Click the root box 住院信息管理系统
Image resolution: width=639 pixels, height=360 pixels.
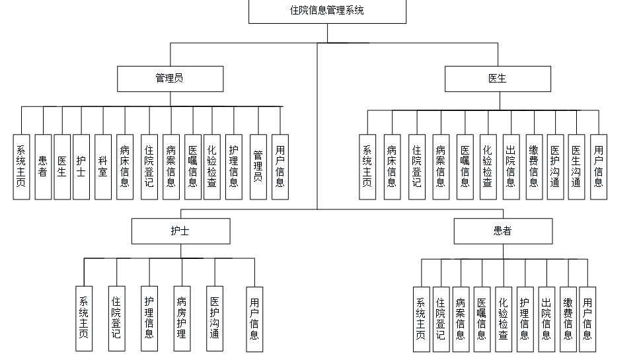point(327,11)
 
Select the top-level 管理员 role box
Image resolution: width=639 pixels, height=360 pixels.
point(169,79)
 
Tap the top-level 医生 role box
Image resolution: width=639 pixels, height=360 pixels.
point(497,79)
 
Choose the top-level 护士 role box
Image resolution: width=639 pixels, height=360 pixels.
point(180,231)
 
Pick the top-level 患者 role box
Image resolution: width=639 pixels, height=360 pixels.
point(502,231)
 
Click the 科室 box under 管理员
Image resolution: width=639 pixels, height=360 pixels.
point(103,166)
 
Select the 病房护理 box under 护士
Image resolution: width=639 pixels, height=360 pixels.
point(182,318)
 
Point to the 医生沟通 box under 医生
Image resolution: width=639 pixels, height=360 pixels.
point(576,166)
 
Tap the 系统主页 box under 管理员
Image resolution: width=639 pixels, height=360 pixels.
point(21,166)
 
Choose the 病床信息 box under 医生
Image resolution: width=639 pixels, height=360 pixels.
point(393,166)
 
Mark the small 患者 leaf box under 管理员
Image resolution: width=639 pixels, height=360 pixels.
point(43,166)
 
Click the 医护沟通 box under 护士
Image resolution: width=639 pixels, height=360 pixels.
point(214,318)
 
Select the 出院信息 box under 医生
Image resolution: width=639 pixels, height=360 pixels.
point(510,166)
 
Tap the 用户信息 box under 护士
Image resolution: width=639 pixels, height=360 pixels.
point(254,318)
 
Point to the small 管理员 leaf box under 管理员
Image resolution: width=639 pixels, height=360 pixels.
point(258,166)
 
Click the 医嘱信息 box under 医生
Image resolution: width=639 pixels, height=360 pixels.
point(465,166)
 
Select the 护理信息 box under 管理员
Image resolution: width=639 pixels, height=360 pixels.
point(233,166)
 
